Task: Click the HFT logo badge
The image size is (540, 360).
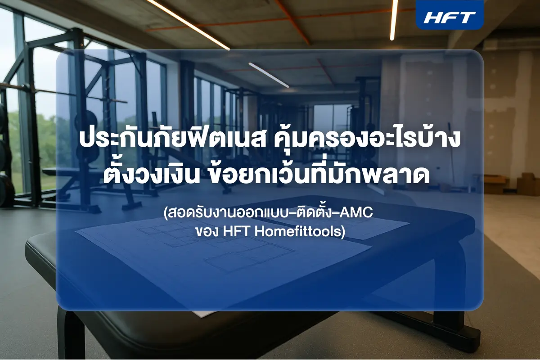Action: click(450, 17)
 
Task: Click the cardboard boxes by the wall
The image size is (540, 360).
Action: click(513, 182)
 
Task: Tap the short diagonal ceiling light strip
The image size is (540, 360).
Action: click(269, 74)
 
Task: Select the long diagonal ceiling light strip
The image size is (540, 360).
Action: click(187, 22)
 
